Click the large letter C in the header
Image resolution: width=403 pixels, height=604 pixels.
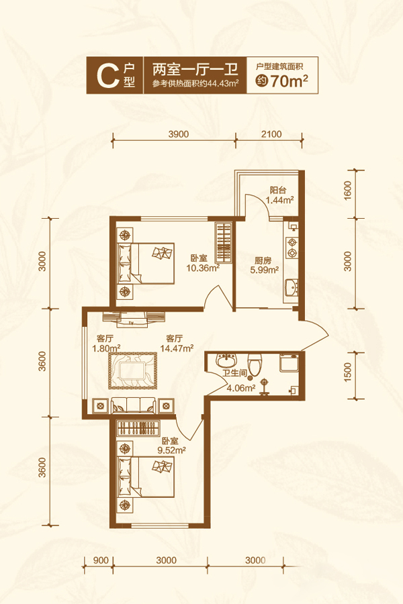point(107,76)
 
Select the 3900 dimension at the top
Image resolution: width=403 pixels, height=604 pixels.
point(179,134)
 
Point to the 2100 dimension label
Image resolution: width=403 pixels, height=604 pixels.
point(271,134)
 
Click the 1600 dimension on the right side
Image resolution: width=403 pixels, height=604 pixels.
point(348,191)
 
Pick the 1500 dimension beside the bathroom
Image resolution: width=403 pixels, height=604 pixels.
point(348,372)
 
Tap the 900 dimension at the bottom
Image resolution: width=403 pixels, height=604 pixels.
point(101,560)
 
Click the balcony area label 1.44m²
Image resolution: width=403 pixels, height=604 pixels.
point(280,200)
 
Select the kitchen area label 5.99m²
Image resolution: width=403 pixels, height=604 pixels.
point(265,270)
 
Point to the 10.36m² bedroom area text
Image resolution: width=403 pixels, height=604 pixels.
point(203,268)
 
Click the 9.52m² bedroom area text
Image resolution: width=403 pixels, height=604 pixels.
point(173,450)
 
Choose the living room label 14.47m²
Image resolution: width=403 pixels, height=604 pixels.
point(177,348)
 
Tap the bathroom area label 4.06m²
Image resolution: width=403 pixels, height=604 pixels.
point(241,388)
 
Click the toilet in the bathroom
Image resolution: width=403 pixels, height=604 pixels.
point(255,364)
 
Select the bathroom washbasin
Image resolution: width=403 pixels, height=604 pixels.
point(226,360)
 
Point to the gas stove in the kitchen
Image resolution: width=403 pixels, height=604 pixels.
point(292,248)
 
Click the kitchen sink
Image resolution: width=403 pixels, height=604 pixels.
point(291,287)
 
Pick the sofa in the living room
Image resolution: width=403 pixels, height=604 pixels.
point(134,405)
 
